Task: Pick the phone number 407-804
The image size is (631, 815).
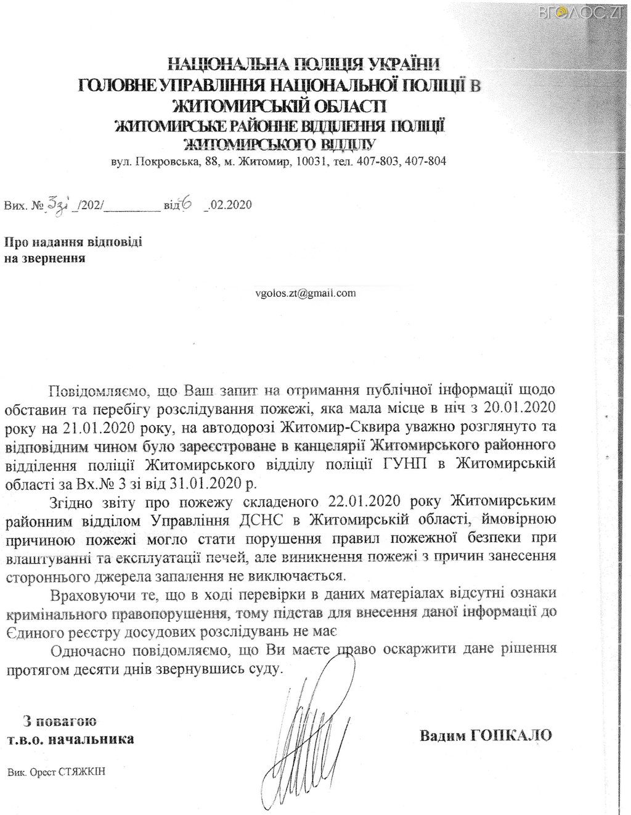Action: pos(428,162)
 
